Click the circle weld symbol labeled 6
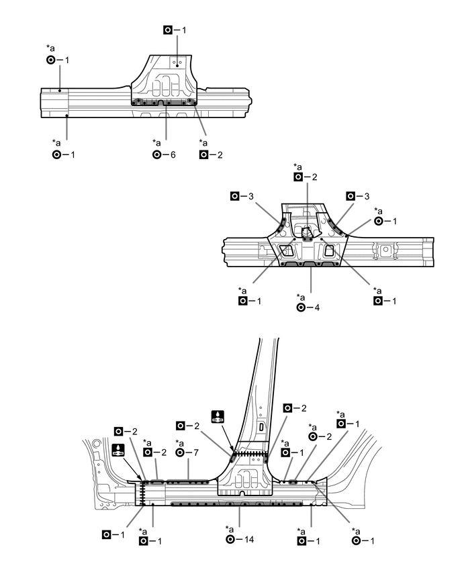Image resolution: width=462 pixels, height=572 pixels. (x=156, y=154)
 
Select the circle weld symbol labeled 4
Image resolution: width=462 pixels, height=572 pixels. (x=301, y=307)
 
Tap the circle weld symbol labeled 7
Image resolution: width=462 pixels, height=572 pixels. (x=179, y=453)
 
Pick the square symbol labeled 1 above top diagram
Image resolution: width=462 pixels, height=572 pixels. (x=169, y=30)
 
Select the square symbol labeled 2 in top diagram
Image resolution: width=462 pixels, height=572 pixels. (x=203, y=154)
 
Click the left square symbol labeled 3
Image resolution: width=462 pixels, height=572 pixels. (x=234, y=196)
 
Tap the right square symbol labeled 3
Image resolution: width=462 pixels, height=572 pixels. (x=351, y=196)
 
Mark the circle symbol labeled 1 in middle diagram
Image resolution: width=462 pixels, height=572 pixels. (x=379, y=222)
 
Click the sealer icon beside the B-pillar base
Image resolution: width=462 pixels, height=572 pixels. (x=218, y=416)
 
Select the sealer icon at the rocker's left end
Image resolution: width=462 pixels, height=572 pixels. (x=118, y=450)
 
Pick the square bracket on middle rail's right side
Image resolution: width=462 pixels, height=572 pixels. (x=387, y=251)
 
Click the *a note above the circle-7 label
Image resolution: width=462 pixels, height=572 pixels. (x=179, y=443)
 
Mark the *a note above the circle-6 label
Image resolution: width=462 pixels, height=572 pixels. (x=156, y=142)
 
